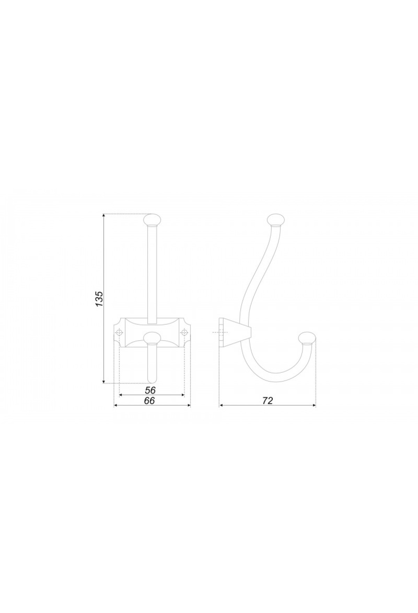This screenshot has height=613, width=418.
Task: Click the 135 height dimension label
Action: pyautogui.click(x=99, y=298)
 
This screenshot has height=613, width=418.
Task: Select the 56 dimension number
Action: pyautogui.click(x=150, y=390)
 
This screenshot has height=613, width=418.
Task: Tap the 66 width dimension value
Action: pyautogui.click(x=149, y=401)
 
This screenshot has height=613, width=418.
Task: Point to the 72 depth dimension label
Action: pyautogui.click(x=267, y=401)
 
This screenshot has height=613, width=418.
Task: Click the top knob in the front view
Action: pyautogui.click(x=152, y=220)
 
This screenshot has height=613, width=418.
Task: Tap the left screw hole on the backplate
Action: pyautogui.click(x=119, y=333)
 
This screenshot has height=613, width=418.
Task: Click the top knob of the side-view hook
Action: pyautogui.click(x=275, y=221)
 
